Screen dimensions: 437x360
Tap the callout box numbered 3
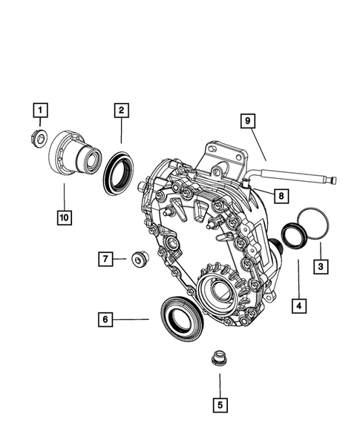(320, 266)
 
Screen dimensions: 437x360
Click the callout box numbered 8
(279, 196)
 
